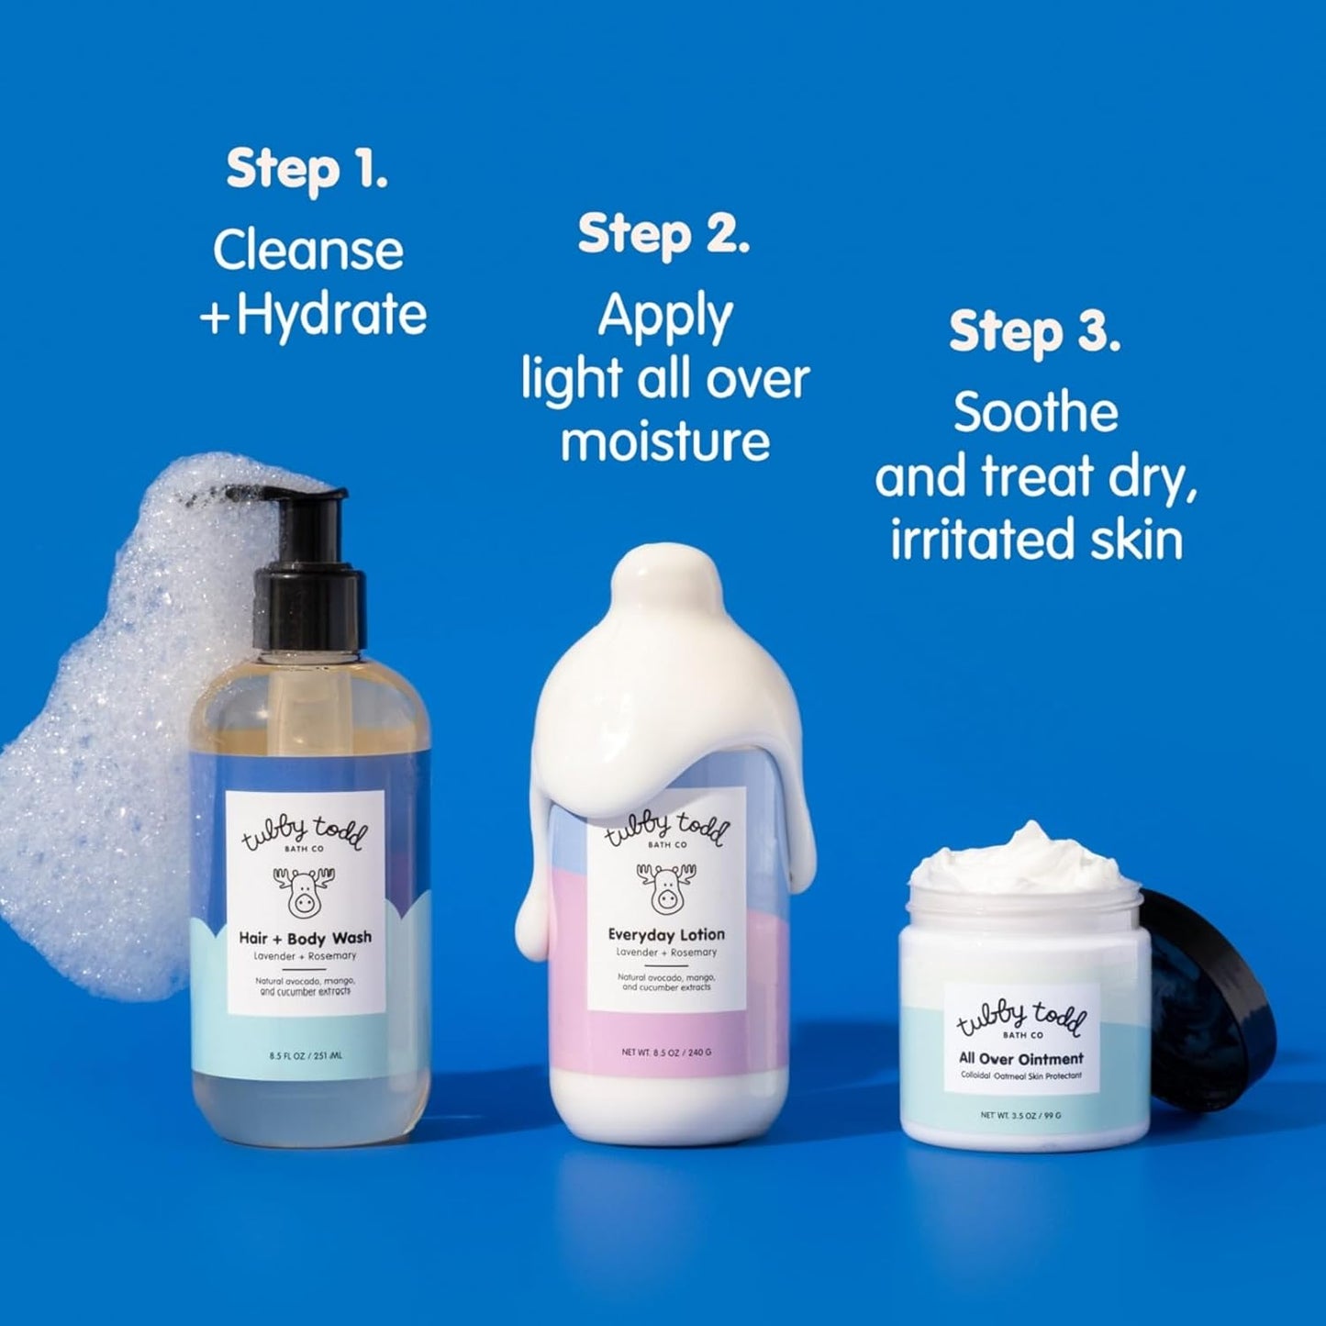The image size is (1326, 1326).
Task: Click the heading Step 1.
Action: pos(306,171)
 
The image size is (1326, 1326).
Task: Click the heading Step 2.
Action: pos(663,235)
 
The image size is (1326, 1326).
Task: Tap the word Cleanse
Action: pos(308,250)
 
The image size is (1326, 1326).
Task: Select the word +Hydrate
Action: pos(313,315)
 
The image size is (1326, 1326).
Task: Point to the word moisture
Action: pos(664,441)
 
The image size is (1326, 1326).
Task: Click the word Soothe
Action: pos(1035,413)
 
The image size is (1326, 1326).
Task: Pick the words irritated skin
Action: pos(1036,539)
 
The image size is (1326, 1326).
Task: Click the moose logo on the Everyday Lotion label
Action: pos(665,887)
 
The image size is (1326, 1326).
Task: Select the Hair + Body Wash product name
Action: pos(305,938)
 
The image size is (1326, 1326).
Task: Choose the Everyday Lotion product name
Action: pos(666,935)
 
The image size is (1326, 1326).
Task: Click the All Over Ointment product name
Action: pos(1021,1059)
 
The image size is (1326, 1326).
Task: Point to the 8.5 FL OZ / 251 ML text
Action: pos(306,1056)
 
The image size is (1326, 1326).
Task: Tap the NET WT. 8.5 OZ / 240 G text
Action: pos(666,1053)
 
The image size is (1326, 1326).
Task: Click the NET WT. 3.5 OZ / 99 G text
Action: pos(1020,1116)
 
